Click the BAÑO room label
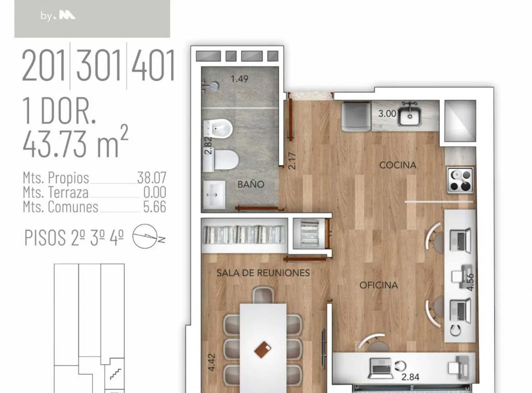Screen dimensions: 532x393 [251, 184]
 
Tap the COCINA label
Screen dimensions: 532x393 [398, 165]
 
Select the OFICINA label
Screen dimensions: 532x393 [379, 285]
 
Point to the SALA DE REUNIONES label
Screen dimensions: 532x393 [263, 273]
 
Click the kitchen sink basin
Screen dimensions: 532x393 [409, 116]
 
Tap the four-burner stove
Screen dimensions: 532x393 [460, 180]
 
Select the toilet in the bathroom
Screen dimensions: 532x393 [221, 160]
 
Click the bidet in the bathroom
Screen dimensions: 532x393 [218, 129]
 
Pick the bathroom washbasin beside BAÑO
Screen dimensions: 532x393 [214, 195]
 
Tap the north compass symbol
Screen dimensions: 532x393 [148, 236]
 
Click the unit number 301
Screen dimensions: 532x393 [98, 65]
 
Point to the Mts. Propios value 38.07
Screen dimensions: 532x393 [151, 178]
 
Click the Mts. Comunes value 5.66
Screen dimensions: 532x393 [155, 207]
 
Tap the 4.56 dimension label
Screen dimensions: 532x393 [470, 282]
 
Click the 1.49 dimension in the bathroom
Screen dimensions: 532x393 [239, 79]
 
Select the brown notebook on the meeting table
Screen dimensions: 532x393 [263, 350]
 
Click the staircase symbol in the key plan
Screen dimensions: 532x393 [116, 374]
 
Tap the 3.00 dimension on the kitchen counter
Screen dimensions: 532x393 [387, 114]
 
